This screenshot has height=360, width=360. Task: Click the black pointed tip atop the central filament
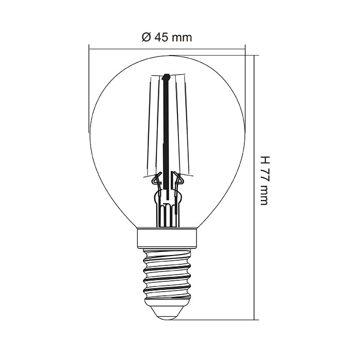pos(166,79)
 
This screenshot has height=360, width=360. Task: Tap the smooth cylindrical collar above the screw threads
pos(168,237)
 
